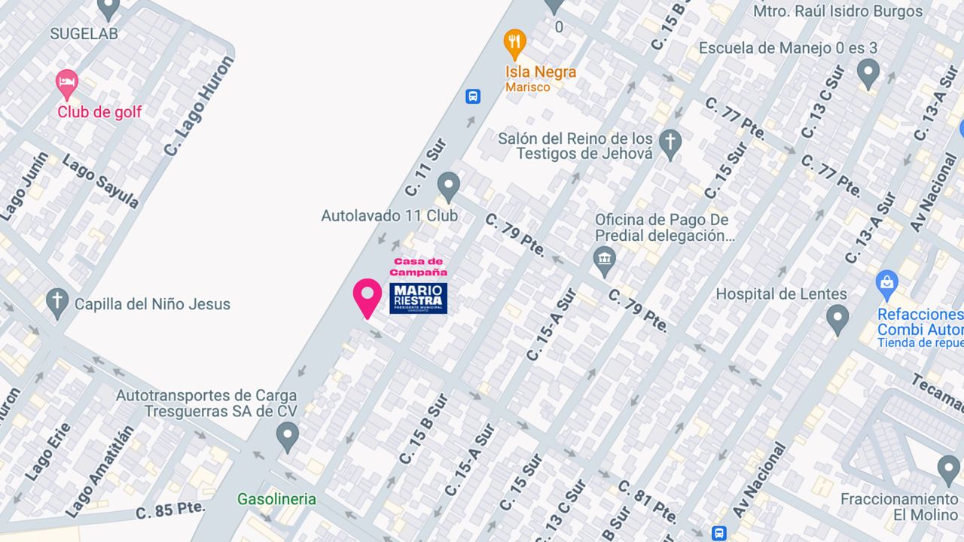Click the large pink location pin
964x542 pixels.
(x=368, y=297)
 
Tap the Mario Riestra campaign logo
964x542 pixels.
(x=418, y=298)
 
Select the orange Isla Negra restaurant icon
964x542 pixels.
(x=514, y=44)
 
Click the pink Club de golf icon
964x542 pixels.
(x=67, y=84)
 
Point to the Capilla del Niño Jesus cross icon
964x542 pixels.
(x=57, y=303)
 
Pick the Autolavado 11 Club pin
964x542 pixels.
(x=449, y=187)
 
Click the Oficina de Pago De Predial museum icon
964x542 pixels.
(x=605, y=262)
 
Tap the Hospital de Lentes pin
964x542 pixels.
(x=837, y=319)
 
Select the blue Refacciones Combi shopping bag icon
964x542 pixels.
(x=887, y=284)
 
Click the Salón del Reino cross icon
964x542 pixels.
(x=670, y=142)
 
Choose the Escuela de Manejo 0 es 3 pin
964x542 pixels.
(x=868, y=73)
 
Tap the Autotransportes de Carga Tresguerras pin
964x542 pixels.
(x=286, y=436)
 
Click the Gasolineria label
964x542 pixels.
(x=276, y=499)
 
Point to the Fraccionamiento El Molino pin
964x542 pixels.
(x=948, y=470)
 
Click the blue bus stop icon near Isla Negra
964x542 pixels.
(x=473, y=96)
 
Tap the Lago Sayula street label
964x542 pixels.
(x=101, y=181)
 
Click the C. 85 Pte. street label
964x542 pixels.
(x=170, y=510)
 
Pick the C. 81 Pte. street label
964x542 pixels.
(x=647, y=501)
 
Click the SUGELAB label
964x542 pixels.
(x=84, y=33)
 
